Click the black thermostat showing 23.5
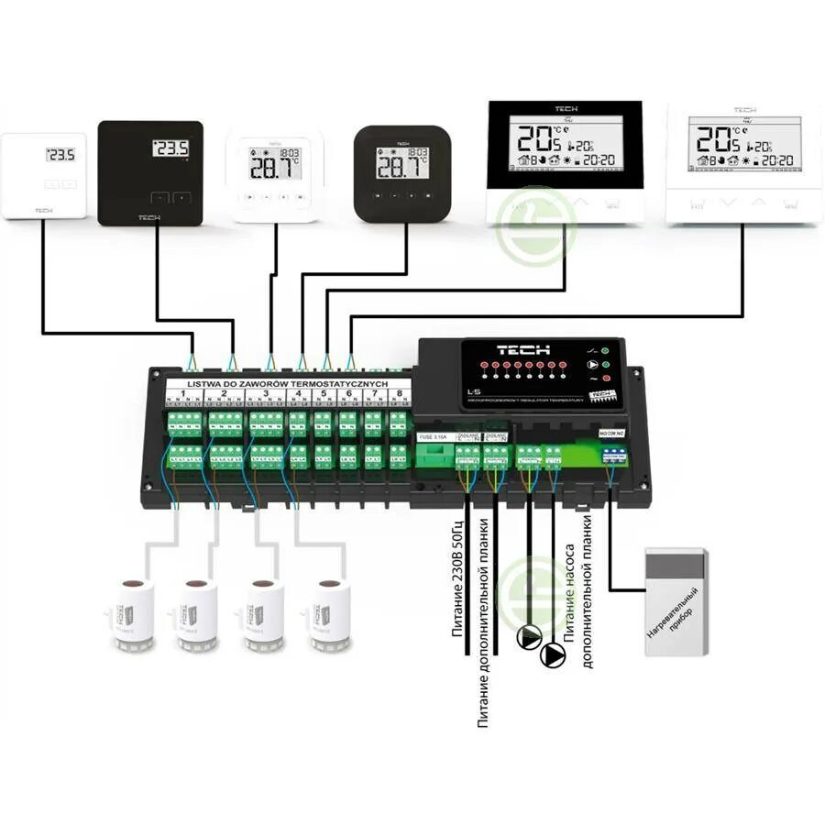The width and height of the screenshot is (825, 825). [x=150, y=172]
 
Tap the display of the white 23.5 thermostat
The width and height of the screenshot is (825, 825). [x=60, y=155]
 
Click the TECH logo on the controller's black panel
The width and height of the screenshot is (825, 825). [x=523, y=350]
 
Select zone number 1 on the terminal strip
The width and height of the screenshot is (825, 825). [x=183, y=395]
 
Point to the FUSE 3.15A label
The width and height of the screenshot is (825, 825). [x=432, y=436]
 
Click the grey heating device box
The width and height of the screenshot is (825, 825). [x=676, y=601]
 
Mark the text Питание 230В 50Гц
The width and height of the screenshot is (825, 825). [x=457, y=581]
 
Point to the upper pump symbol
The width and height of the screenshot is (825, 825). [x=530, y=636]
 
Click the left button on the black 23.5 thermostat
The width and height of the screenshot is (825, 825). [x=159, y=196]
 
